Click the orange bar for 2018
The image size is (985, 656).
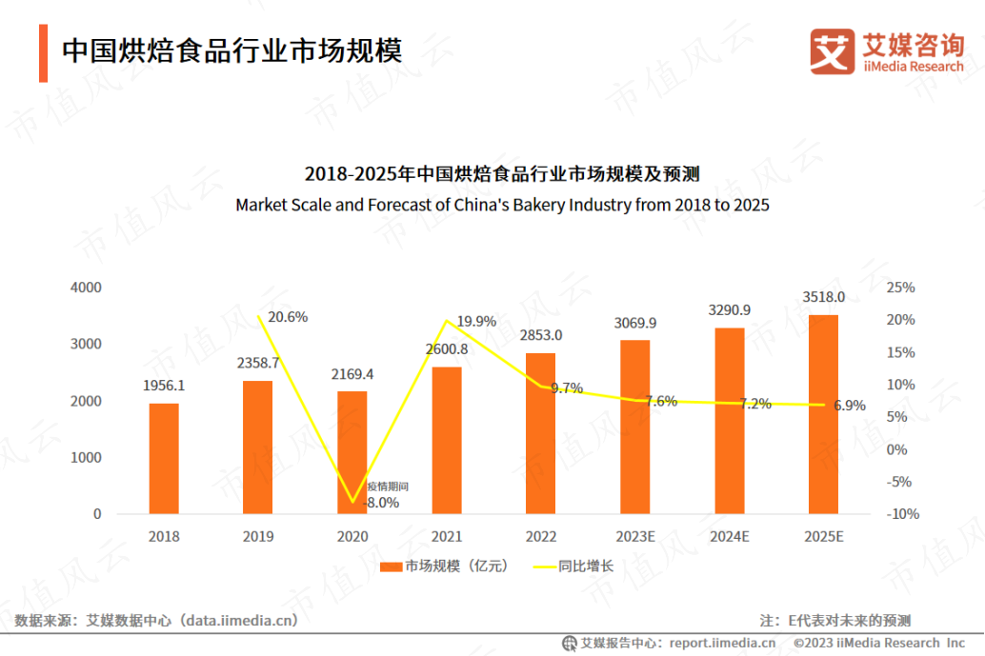pos(164,458)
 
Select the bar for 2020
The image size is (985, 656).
pos(352,452)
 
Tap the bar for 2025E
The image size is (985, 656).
pos(823,414)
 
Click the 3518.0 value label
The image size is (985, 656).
pos(824,297)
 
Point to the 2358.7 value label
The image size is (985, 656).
pos(258,363)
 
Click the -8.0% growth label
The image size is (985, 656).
pos(381,502)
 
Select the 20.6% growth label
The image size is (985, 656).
pos(287,317)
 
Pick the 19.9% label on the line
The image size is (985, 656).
pos(476,322)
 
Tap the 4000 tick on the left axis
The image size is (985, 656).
pos(86,288)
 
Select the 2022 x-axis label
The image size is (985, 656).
pos(540,537)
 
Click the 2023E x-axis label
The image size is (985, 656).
pos(635,537)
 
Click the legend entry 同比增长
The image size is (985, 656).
pos(586,567)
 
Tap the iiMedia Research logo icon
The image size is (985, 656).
pos(833,51)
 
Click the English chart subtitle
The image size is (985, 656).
pos(502,205)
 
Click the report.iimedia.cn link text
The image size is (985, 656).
pos(721,644)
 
